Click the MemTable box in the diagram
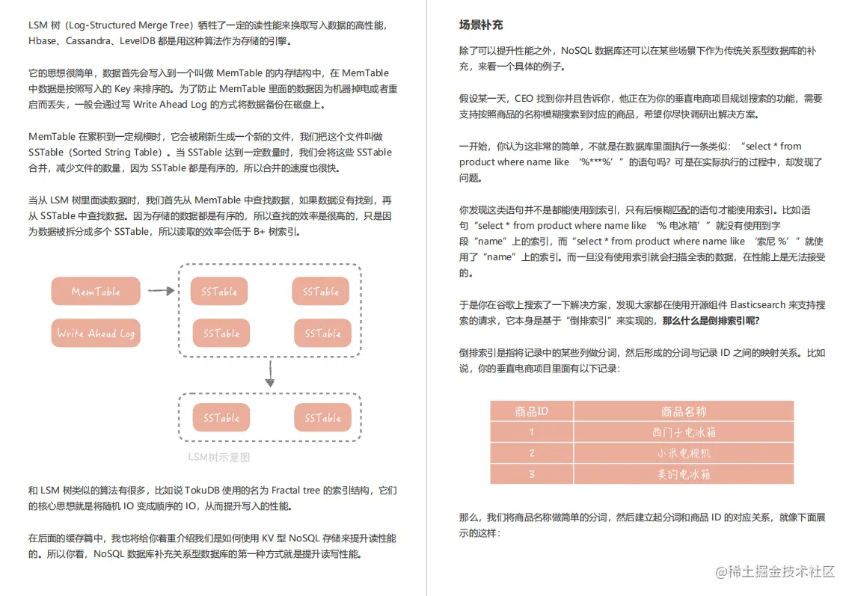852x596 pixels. [96, 292]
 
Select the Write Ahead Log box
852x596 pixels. [96, 334]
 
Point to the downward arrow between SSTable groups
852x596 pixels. [270, 373]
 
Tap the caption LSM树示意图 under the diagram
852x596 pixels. [218, 458]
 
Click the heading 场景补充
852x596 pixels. [480, 25]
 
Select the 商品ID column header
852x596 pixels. [532, 411]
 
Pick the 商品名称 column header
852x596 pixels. [684, 411]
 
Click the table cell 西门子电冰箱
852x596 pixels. [684, 432]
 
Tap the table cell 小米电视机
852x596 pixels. [684, 453]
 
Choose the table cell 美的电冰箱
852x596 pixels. [684, 474]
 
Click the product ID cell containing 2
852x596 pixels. [532, 453]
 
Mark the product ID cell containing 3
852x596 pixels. [532, 474]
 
